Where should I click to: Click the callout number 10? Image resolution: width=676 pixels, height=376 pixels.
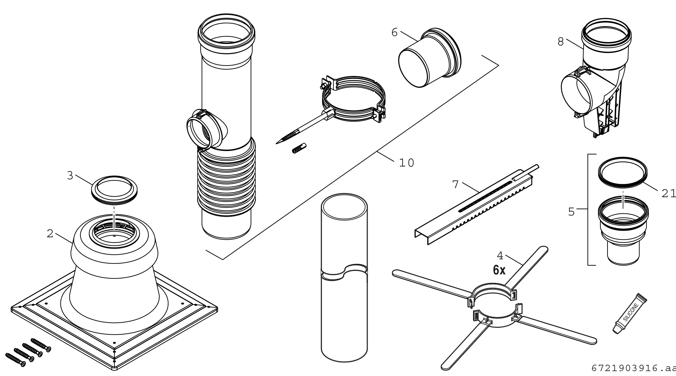406,163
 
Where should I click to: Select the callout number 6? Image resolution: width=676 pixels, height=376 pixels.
395,32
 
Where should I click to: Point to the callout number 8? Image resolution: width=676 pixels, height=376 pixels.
561,41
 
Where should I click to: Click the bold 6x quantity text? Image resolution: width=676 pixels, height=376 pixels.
499,270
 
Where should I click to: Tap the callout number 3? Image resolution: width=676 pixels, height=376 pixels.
70,176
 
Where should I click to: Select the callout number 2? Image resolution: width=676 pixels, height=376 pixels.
50,233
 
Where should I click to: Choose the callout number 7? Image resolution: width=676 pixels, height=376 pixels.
455,184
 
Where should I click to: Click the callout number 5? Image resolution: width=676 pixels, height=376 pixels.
571,212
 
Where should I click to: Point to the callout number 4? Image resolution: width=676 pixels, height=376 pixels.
500,256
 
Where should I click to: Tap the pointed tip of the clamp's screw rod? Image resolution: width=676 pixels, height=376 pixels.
278,143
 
